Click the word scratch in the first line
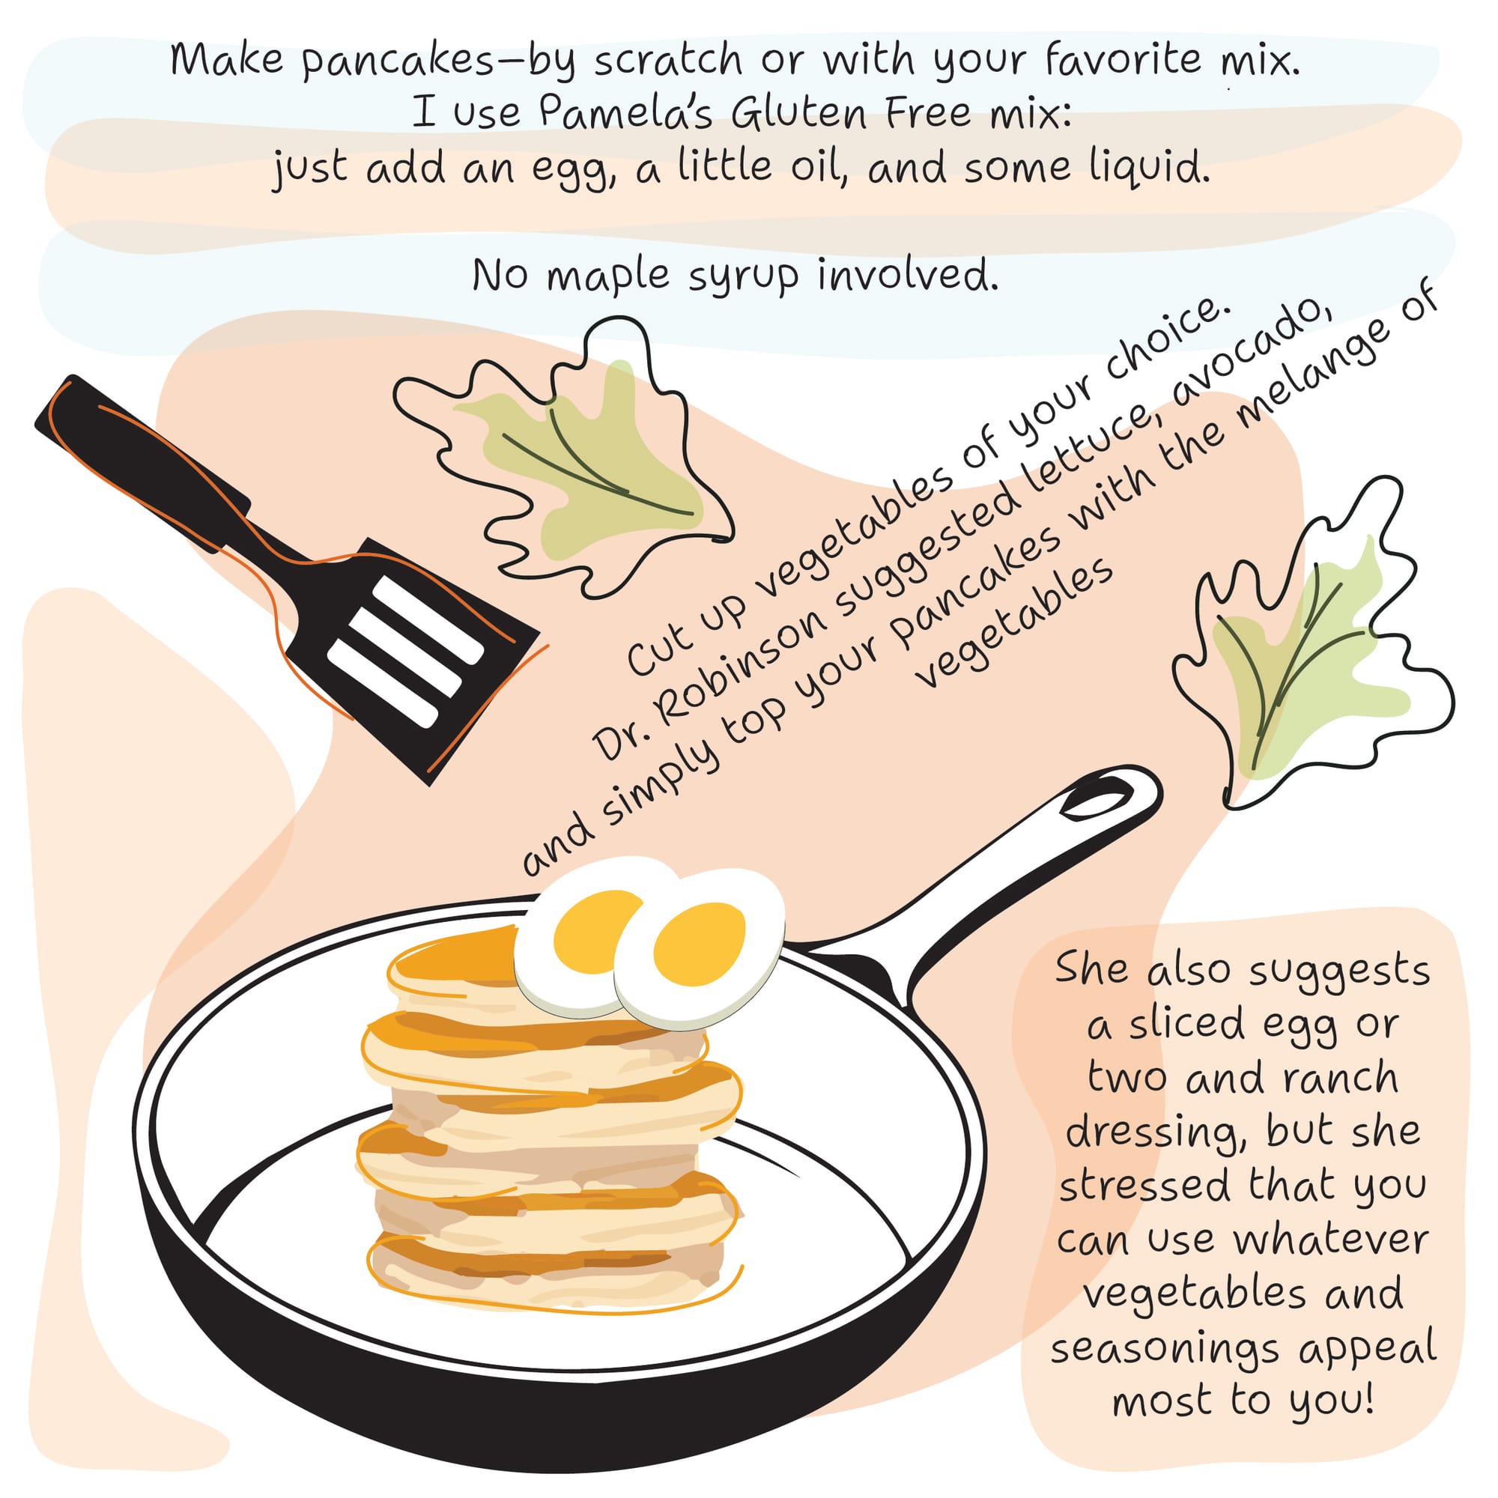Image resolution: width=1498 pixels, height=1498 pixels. click(668, 61)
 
